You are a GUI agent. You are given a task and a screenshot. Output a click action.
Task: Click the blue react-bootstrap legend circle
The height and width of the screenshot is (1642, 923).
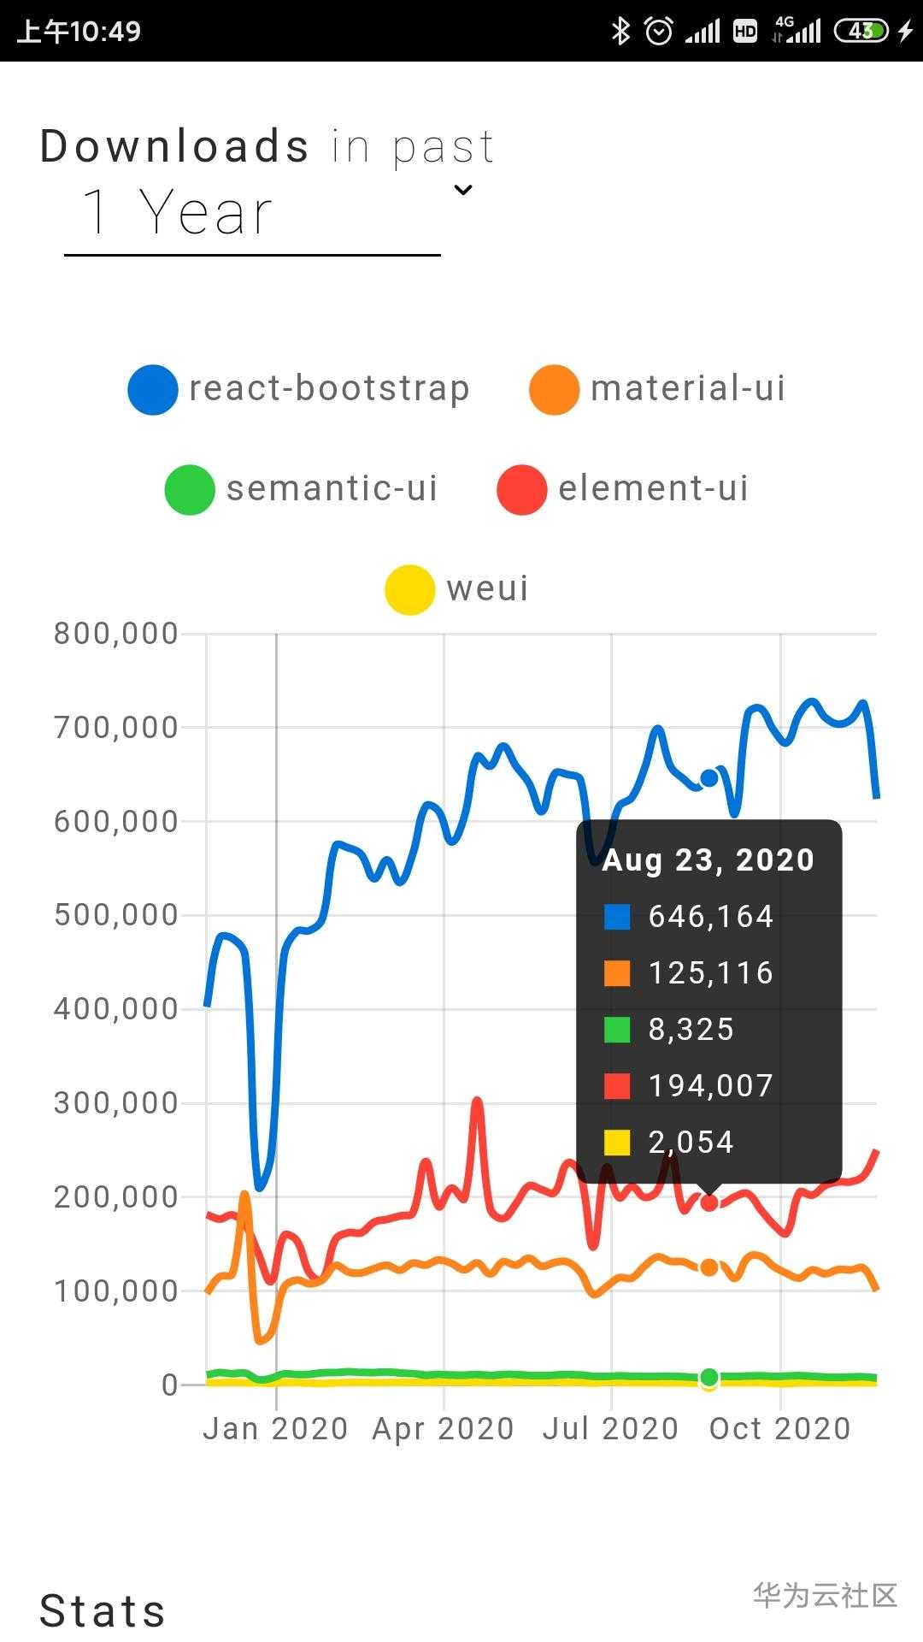coord(153,390)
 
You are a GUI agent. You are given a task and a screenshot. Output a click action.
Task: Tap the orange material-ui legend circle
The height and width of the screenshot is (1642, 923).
coord(554,390)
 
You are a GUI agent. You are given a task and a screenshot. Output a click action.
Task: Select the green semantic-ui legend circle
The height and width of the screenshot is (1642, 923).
coord(190,490)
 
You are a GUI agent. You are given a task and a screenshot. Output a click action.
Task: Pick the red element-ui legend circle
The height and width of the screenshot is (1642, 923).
coord(521,490)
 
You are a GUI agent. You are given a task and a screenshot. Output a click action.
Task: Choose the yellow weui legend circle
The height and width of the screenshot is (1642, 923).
coord(409,590)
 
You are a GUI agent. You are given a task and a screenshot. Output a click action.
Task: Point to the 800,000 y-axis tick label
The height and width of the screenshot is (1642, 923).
coord(116,634)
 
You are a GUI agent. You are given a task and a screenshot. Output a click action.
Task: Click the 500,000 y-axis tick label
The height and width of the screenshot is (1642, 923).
coord(116,915)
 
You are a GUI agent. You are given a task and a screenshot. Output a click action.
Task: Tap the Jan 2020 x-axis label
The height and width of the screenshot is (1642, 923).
coord(275,1428)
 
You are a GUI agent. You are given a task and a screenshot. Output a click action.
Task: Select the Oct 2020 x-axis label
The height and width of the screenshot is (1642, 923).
coord(779,1428)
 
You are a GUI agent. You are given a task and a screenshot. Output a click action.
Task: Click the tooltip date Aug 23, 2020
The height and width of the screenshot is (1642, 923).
coord(708,859)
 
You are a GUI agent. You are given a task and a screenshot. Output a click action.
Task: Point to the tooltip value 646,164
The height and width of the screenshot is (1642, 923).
coord(711,916)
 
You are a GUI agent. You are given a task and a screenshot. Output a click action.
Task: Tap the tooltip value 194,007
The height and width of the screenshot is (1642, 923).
coord(711,1085)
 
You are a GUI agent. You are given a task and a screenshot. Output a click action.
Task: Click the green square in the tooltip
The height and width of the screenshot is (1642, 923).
coord(617,1030)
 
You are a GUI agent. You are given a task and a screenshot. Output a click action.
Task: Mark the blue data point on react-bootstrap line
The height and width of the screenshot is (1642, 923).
coord(709,777)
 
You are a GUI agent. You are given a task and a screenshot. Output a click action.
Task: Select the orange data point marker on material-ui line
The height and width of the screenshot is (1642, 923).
coord(709,1267)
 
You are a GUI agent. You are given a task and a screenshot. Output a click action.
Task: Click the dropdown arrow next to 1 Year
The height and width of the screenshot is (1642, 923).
coord(463,190)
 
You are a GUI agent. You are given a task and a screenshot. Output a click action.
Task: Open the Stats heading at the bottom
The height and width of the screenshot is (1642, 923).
coord(103,1611)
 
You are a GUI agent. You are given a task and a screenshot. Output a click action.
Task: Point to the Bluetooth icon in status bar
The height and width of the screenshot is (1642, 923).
coord(620,32)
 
